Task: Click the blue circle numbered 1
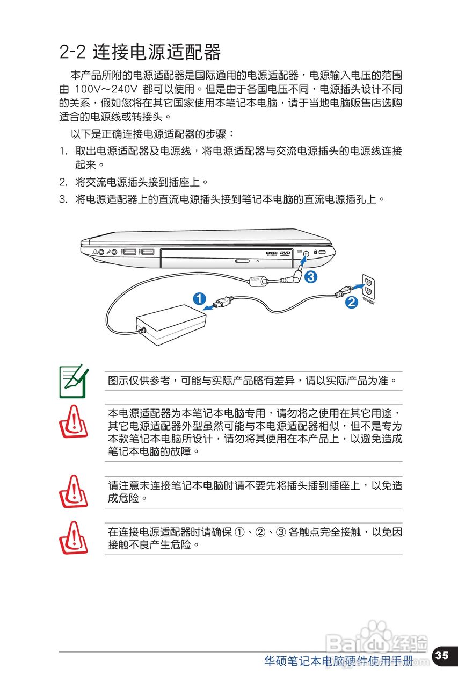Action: (199, 299)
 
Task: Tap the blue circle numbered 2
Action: (351, 302)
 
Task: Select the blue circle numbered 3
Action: (311, 277)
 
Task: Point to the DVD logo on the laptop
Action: (285, 253)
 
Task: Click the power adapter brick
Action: (171, 324)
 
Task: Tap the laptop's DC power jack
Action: (307, 253)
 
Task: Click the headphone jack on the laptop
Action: (101, 252)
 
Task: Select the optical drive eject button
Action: (242, 262)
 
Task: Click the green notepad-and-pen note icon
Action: (74, 381)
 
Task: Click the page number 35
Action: (441, 655)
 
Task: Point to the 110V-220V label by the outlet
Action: (368, 302)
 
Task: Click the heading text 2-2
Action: (72, 53)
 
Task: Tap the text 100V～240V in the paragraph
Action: (106, 89)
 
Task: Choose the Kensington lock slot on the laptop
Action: (322, 253)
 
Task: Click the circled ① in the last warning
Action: (239, 532)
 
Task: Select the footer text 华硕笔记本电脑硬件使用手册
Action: (339, 661)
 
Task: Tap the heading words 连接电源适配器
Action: (157, 53)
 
